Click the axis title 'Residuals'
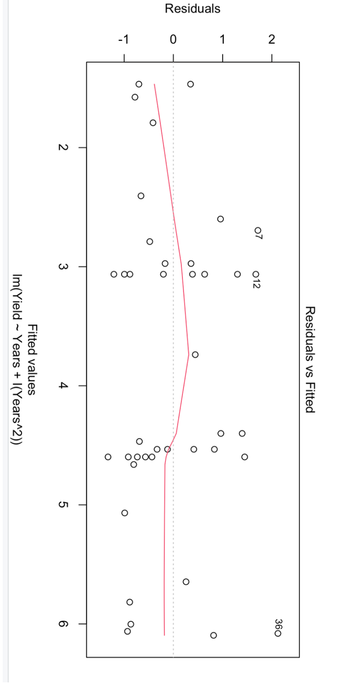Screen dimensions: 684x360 click(x=192, y=9)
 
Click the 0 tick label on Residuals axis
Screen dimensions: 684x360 click(x=173, y=40)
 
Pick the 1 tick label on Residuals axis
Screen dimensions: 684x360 click(x=222, y=40)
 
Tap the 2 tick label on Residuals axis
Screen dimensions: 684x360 click(x=272, y=40)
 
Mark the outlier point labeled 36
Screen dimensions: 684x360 click(x=278, y=633)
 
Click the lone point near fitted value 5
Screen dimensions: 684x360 click(x=125, y=513)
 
